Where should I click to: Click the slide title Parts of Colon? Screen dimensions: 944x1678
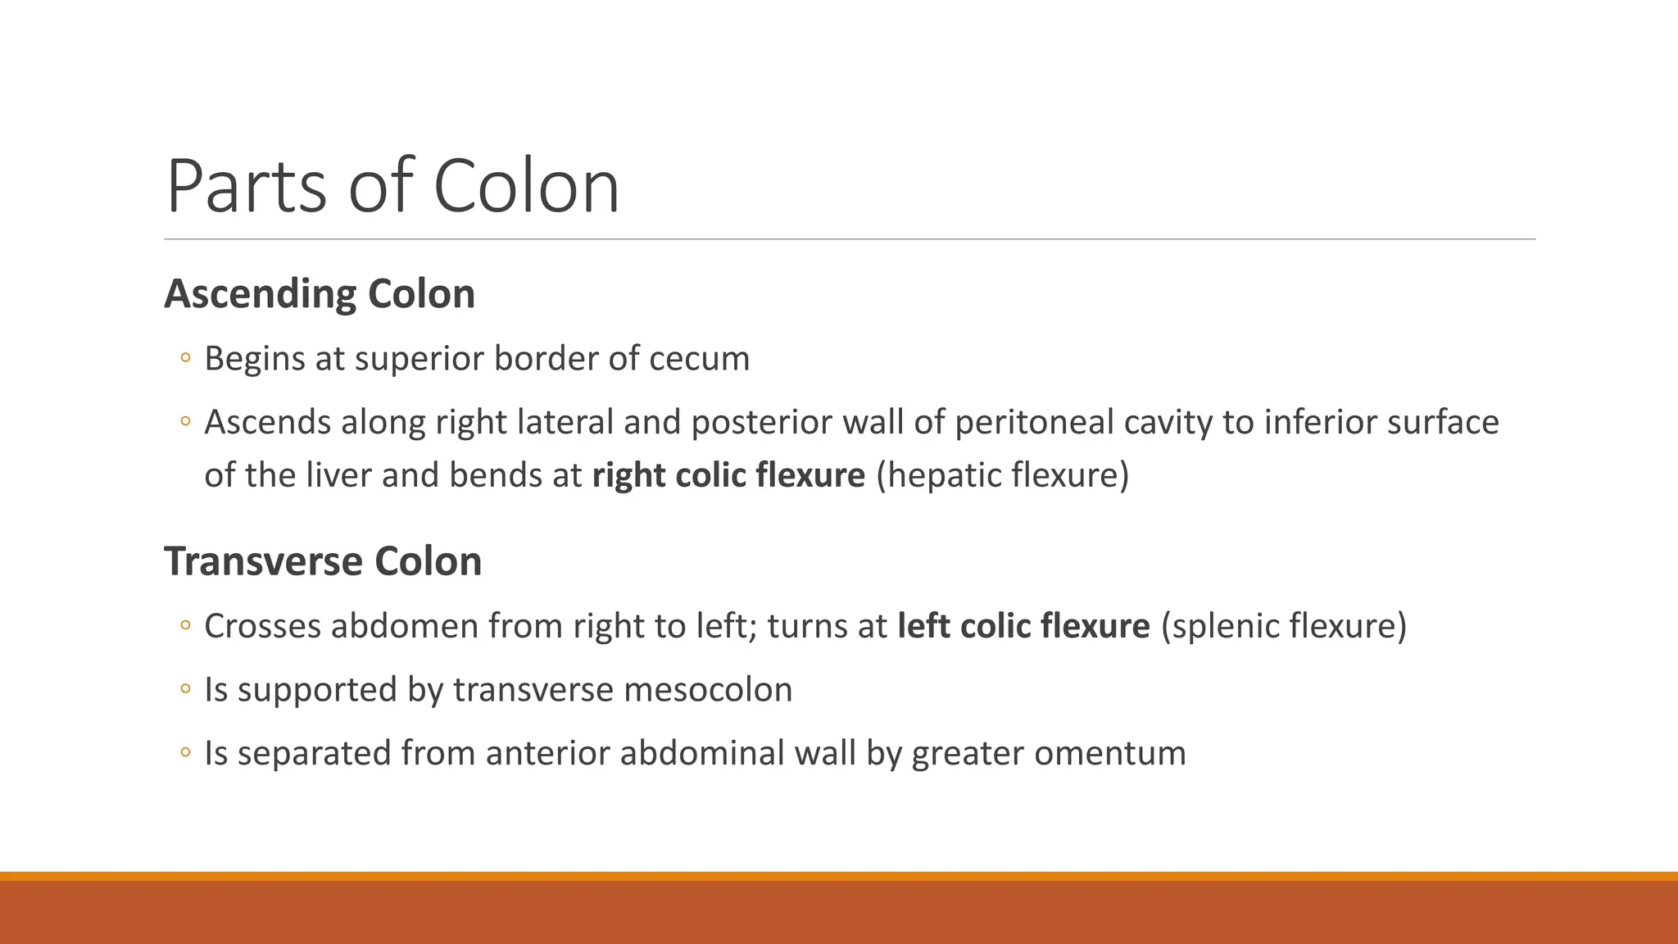click(392, 187)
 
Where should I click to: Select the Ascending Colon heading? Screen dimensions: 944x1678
click(320, 294)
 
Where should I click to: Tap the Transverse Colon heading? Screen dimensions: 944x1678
click(323, 562)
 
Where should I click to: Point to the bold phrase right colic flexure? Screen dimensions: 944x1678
click(728, 475)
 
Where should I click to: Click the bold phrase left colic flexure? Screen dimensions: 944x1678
click(1023, 626)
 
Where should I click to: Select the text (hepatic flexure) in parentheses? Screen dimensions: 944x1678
click(1002, 475)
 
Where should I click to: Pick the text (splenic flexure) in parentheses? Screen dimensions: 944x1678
click(1283, 626)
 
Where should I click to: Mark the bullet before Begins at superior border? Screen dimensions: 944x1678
click(185, 358)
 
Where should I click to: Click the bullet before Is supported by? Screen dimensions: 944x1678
click(185, 689)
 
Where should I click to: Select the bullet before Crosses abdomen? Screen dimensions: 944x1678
click(185, 626)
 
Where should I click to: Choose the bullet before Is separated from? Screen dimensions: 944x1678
click(185, 752)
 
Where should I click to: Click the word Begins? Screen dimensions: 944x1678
click(254, 359)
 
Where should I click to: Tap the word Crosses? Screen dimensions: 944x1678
click(262, 626)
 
